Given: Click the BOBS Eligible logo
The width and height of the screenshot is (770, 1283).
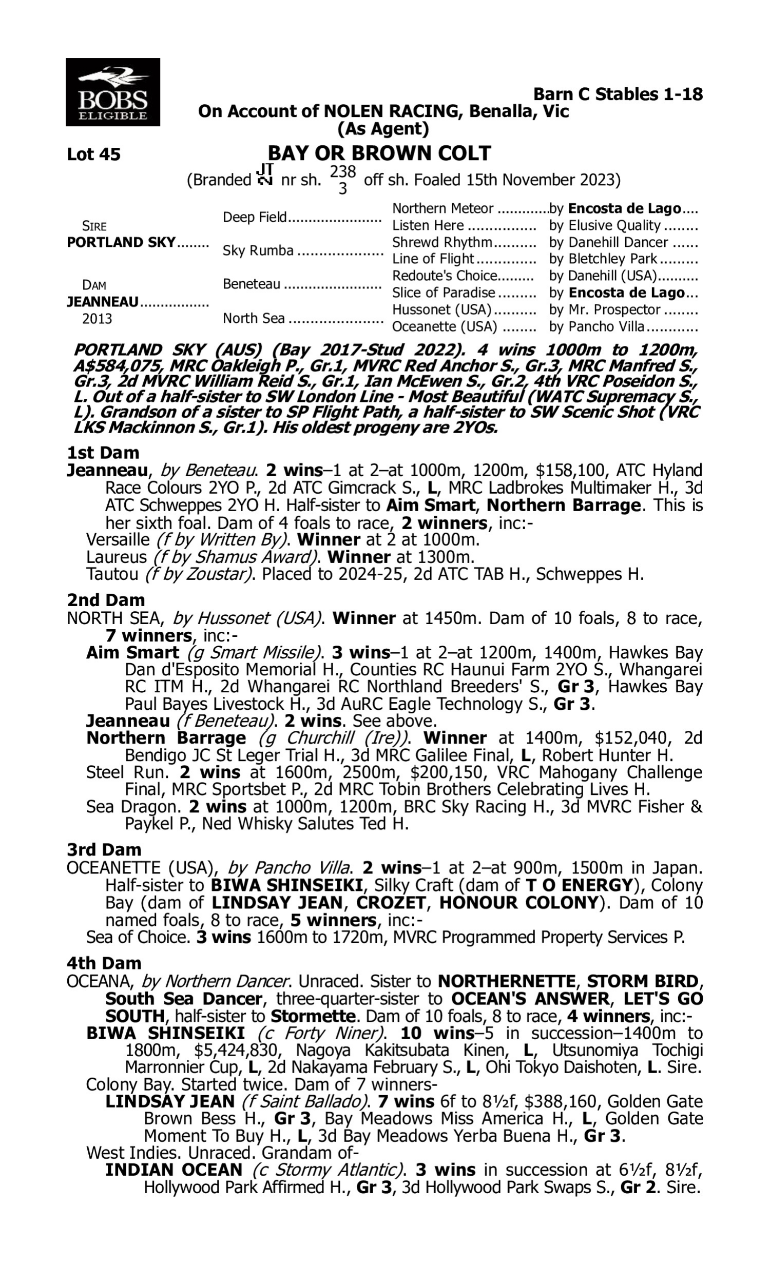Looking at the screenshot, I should [112, 92].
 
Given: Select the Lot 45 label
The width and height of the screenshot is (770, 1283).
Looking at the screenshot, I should [93, 154].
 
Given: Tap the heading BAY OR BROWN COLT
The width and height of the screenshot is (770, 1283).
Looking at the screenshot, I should [379, 153].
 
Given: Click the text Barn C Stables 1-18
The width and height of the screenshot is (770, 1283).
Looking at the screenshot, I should [618, 94].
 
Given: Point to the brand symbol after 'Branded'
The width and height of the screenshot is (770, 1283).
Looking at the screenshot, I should [265, 176].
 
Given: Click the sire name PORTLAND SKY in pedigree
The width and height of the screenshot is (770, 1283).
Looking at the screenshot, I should [121, 243].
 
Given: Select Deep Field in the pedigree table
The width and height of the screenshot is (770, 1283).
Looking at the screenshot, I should [255, 217].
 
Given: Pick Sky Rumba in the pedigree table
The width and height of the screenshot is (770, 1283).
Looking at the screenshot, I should [258, 251].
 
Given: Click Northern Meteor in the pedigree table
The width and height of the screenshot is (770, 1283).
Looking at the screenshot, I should [442, 209].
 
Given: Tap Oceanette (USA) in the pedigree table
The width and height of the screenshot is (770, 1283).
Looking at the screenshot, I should [445, 327].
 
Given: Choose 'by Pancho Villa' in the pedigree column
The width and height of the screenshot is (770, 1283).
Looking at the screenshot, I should [596, 327].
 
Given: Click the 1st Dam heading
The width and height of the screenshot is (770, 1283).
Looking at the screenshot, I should [103, 453].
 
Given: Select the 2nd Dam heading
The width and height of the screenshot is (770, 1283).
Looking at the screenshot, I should [106, 600].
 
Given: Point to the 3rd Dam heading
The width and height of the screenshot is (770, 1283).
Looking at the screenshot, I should [104, 850].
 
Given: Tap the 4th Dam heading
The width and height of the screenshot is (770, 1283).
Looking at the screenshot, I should [104, 963].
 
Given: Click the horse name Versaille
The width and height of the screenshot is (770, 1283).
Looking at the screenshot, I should [118, 540].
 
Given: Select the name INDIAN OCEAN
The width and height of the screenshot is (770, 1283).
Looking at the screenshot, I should [174, 1171].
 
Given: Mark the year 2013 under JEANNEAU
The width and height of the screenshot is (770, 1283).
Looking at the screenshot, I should [97, 319].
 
